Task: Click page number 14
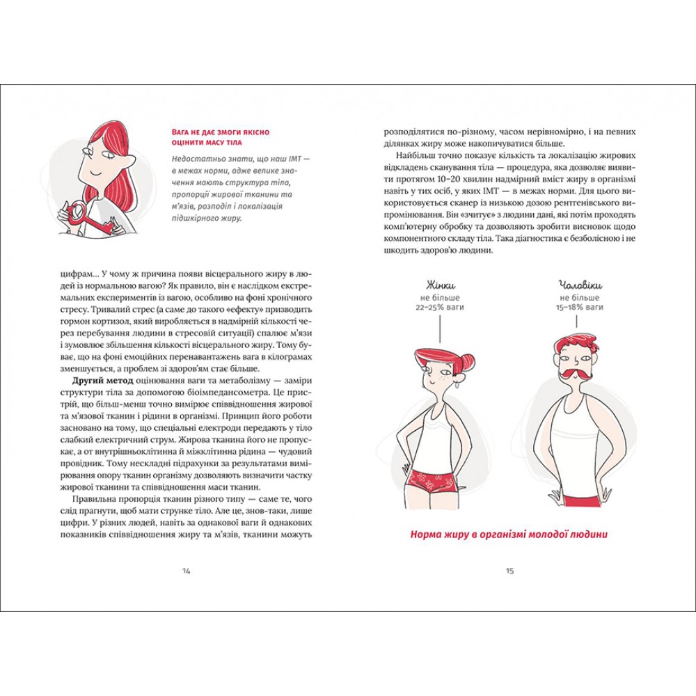186,571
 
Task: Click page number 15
509,571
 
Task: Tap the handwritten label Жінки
440,285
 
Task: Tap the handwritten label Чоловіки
579,285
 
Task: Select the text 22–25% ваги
440,307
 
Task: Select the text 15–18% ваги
579,307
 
